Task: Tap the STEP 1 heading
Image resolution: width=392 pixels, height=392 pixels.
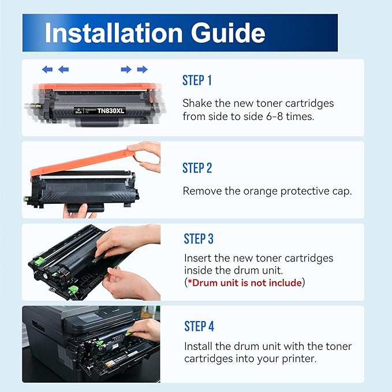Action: [197, 80]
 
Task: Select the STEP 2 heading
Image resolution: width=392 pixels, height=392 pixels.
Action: [197, 168]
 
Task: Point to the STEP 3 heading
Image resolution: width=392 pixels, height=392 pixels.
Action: [199, 238]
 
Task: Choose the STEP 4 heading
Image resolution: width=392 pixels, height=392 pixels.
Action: [199, 326]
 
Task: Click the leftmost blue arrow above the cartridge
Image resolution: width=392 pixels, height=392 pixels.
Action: [47, 69]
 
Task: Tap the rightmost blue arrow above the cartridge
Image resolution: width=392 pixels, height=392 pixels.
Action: [142, 69]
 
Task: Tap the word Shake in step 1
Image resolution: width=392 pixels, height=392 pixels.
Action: [197, 104]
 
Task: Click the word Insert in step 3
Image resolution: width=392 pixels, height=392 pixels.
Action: [198, 258]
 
